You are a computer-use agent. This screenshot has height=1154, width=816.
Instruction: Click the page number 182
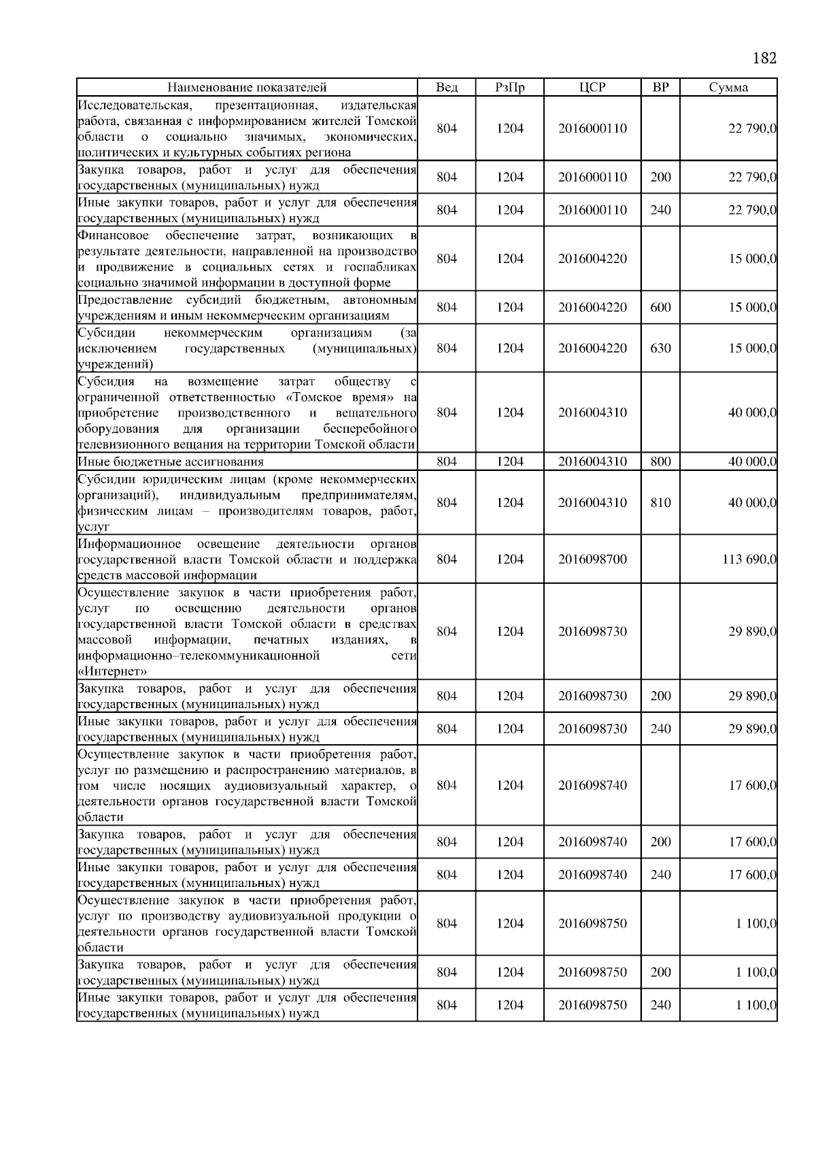pyautogui.click(x=764, y=58)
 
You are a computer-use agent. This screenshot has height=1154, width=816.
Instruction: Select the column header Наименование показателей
pyautogui.click(x=247, y=87)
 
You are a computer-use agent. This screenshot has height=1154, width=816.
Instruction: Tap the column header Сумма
pyautogui.click(x=728, y=87)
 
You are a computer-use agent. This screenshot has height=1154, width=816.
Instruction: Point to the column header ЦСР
pyautogui.click(x=592, y=87)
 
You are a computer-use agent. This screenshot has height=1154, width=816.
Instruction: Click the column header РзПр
pyautogui.click(x=509, y=87)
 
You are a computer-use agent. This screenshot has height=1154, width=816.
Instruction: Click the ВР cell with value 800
pyautogui.click(x=660, y=462)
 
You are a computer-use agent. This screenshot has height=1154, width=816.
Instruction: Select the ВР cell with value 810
pyautogui.click(x=660, y=503)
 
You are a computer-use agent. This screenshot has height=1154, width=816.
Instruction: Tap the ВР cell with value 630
pyautogui.click(x=660, y=348)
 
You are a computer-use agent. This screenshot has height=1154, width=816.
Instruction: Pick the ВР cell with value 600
pyautogui.click(x=660, y=307)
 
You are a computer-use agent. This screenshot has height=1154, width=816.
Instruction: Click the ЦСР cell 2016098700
pyautogui.click(x=592, y=559)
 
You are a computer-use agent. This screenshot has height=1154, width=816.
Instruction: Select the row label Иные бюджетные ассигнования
pyautogui.click(x=171, y=462)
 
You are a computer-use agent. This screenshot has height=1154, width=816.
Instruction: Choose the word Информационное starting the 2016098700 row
pyautogui.click(x=129, y=544)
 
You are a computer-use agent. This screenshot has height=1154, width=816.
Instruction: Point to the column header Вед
pyautogui.click(x=446, y=87)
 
